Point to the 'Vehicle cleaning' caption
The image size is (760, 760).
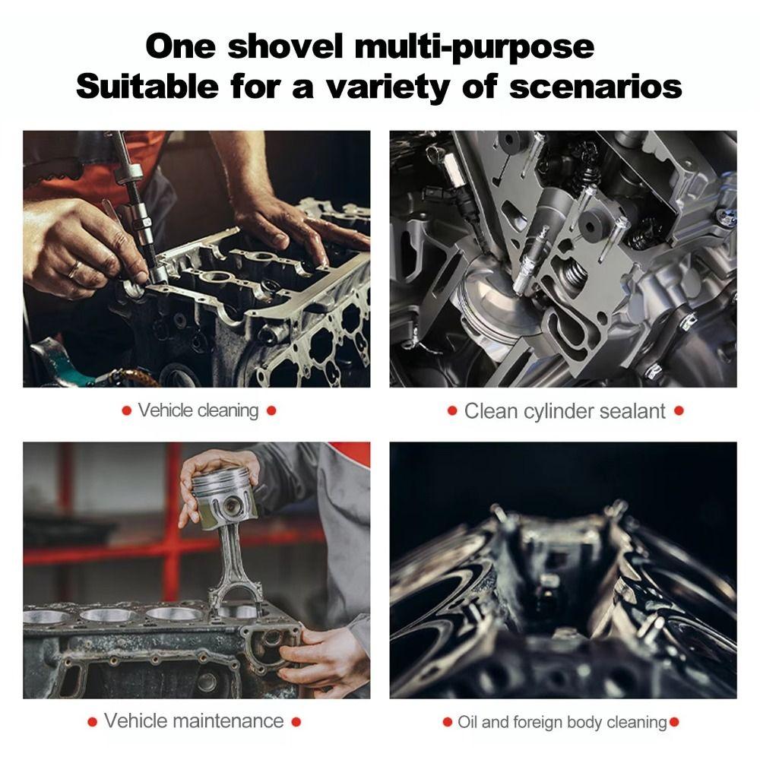pos(198,411)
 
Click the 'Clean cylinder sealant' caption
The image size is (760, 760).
pos(564,411)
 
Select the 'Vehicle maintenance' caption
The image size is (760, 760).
pos(193,720)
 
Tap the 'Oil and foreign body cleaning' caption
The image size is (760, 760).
pos(562,721)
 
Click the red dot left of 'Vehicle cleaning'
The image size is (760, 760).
pos(126,411)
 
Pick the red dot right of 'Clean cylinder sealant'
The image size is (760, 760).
pos(679,411)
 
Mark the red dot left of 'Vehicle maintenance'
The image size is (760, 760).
pos(92,721)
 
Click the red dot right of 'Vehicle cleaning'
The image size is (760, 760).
pos(271,411)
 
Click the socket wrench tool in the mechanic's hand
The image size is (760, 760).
pos(137,205)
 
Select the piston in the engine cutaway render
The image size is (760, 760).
pos(486,304)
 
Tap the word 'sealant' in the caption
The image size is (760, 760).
pos(629,411)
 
